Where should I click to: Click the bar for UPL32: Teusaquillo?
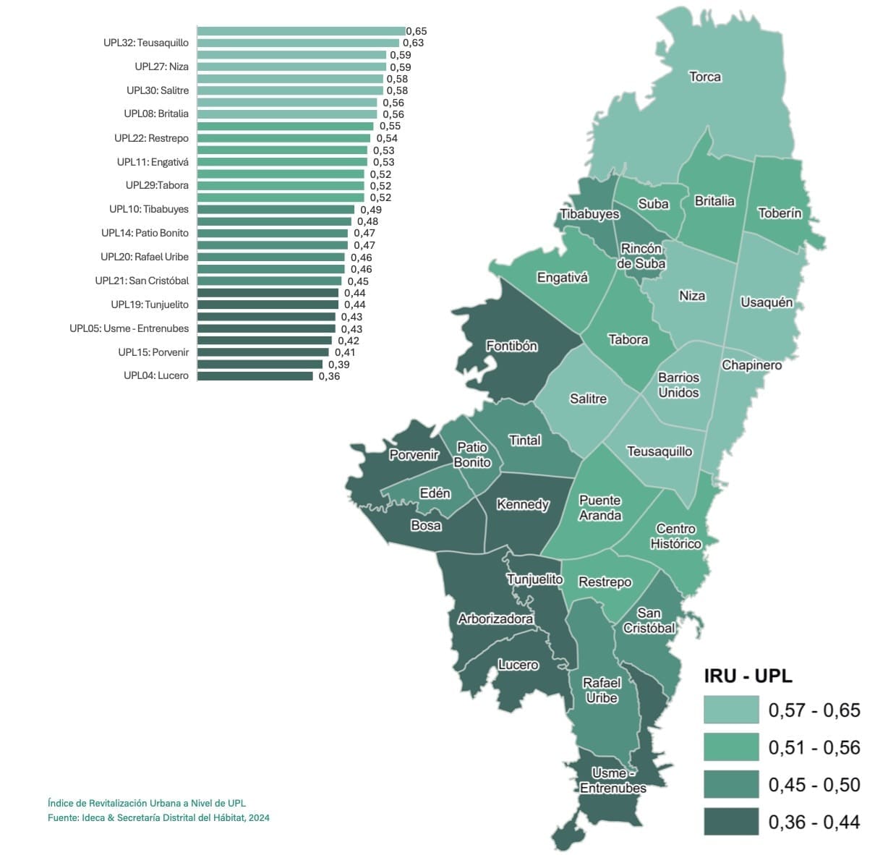point(298,43)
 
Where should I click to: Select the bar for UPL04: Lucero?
point(255,376)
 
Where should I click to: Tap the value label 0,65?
point(417,31)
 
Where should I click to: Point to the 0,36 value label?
point(329,376)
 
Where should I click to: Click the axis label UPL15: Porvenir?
point(153,352)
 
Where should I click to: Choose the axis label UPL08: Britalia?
point(156,114)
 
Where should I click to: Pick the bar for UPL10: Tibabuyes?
point(276,210)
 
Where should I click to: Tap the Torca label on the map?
point(704,77)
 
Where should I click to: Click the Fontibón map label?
point(511,346)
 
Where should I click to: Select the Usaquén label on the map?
point(767,302)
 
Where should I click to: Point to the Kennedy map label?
point(523,504)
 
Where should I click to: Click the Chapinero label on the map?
point(751,365)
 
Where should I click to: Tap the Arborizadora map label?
point(495,618)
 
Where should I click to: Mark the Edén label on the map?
point(435,493)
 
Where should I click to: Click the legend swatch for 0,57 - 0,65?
point(731,710)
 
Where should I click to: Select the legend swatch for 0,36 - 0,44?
point(731,822)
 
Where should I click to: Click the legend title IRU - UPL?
point(748,676)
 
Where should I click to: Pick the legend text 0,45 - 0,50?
point(814,785)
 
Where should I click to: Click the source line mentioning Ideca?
point(158,817)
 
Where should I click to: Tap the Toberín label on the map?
point(780,213)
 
